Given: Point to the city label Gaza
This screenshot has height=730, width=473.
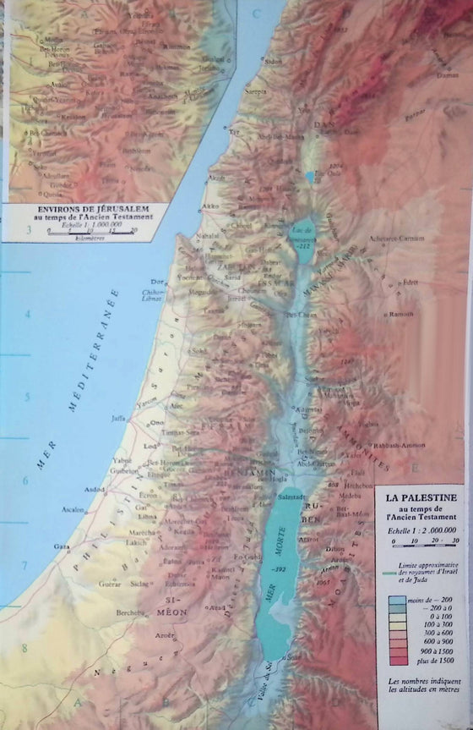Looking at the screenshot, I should [62, 546].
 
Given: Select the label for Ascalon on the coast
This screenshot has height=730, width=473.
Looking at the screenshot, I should [73, 510].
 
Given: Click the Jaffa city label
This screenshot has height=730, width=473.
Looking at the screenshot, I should [117, 417].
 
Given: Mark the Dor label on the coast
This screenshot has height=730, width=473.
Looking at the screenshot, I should [155, 282].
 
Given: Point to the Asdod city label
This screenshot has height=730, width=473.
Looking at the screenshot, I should [95, 489].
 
